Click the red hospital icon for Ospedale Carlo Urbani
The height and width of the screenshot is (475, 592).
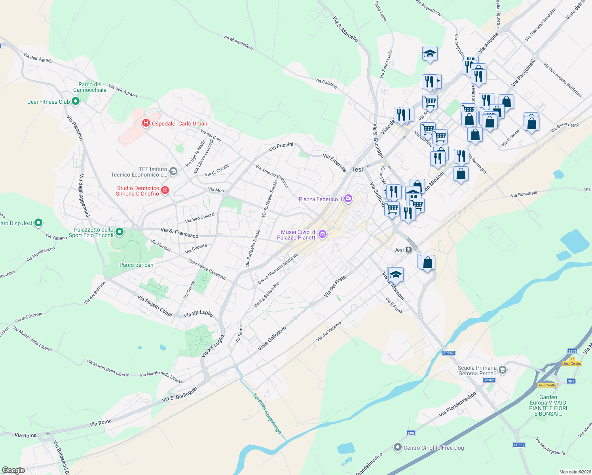click(x=146, y=123)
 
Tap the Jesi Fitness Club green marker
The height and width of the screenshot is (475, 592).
click(x=75, y=101)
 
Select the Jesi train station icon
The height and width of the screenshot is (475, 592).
click(x=408, y=250)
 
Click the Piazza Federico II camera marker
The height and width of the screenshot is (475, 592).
click(x=348, y=199)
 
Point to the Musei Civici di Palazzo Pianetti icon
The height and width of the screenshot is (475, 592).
click(x=322, y=235)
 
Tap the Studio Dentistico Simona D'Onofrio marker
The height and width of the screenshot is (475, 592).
click(x=165, y=191)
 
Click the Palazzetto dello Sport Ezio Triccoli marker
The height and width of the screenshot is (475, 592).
click(x=119, y=232)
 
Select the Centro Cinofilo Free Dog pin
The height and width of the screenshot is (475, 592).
click(x=397, y=447)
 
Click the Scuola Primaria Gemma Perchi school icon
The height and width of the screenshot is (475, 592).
click(x=502, y=370)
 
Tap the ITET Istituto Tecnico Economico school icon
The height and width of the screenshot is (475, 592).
click(x=173, y=171)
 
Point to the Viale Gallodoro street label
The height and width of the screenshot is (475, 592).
click(x=272, y=338)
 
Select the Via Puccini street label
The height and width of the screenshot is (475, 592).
click(x=281, y=147)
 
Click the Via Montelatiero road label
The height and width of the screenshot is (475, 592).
click(x=238, y=43)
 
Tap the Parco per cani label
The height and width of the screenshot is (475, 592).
click(x=137, y=265)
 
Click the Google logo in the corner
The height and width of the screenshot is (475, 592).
click(x=13, y=470)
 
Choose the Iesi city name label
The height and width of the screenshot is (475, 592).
click(x=358, y=169)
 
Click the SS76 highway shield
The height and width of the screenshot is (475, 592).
click(x=572, y=351)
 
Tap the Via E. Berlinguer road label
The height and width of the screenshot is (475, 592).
click(x=179, y=394)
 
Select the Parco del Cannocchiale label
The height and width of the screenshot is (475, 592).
click(x=90, y=87)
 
